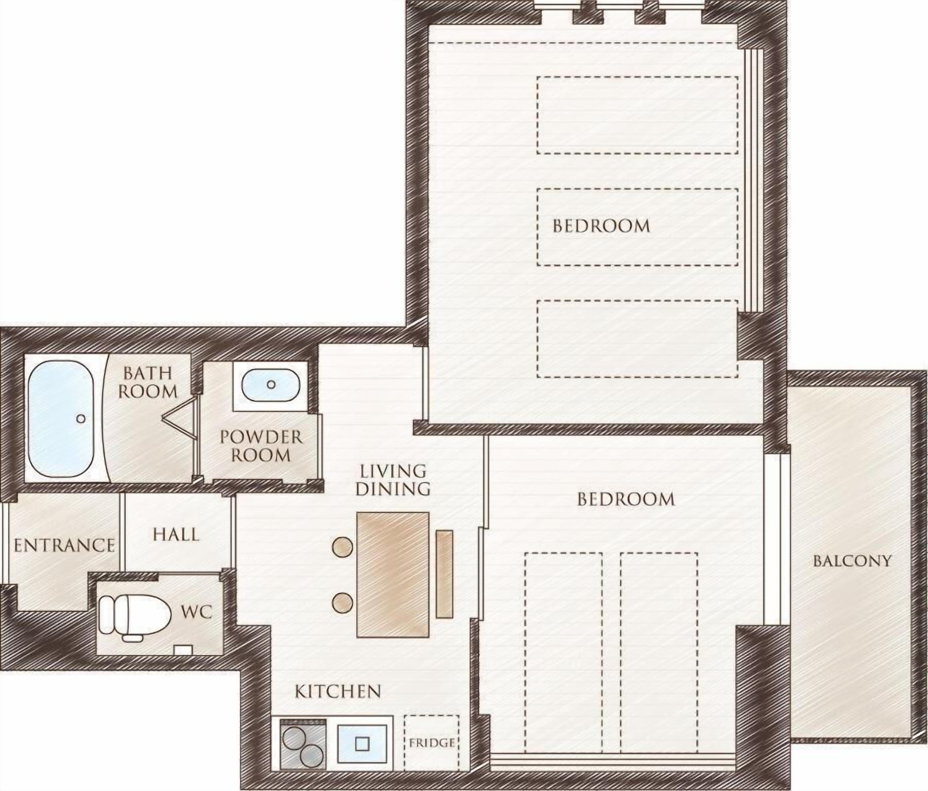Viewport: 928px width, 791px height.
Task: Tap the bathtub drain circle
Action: (x=81, y=418)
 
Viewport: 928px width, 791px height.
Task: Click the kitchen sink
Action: (x=362, y=744)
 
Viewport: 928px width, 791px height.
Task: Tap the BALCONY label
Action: (x=852, y=561)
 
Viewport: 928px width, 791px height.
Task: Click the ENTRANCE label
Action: (x=64, y=546)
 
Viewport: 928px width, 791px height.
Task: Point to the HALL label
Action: (x=176, y=534)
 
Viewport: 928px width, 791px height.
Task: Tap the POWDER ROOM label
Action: (x=261, y=446)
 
